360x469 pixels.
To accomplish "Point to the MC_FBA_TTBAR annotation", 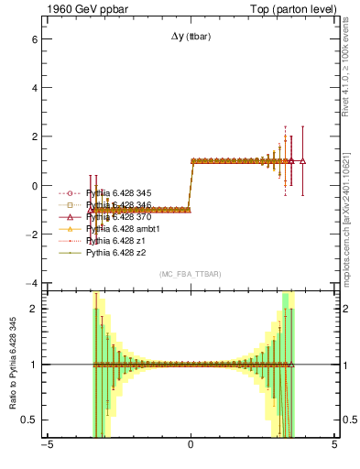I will [x=190, y=274].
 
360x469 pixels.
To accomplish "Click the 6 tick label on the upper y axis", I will [x=33, y=40].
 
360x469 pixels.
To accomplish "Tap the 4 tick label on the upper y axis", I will [x=33, y=89].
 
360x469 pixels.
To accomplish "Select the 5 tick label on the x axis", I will [x=334, y=447].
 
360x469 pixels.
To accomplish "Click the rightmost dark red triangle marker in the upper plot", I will [x=302, y=160].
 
